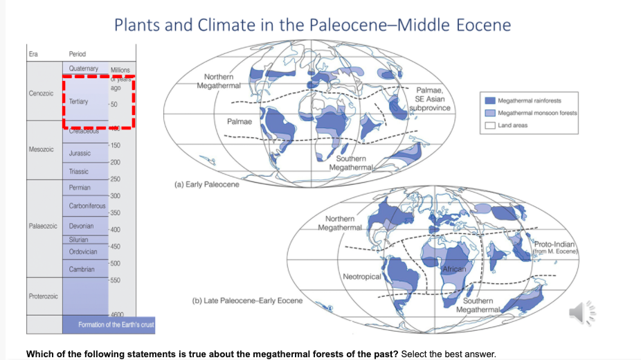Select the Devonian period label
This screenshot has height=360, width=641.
click(82, 226)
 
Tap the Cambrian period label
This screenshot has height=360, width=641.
click(82, 269)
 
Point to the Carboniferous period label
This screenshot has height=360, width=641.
click(87, 206)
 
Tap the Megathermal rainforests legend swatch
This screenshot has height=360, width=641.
click(489, 100)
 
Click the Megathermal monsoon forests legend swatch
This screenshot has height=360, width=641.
click(489, 113)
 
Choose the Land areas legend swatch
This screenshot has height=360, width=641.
click(489, 125)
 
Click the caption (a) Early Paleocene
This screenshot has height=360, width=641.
click(208, 185)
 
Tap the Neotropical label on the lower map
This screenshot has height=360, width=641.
click(362, 276)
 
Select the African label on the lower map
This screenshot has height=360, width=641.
click(454, 268)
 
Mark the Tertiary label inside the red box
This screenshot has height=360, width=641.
click(78, 102)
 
